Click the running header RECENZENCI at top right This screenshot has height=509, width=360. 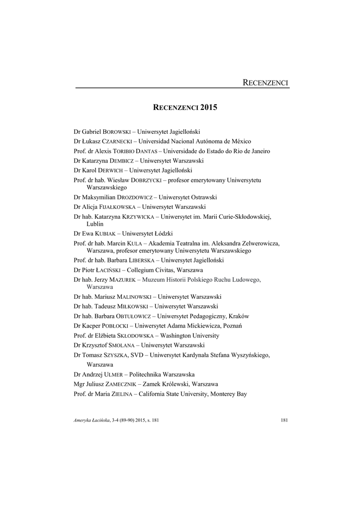265,83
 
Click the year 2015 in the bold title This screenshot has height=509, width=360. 209,107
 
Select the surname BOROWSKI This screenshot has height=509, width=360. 116,132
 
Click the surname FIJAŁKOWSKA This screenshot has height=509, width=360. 111,207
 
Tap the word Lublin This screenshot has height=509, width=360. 95,224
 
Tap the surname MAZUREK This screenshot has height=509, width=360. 122,279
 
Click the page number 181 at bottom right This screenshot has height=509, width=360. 284,421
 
